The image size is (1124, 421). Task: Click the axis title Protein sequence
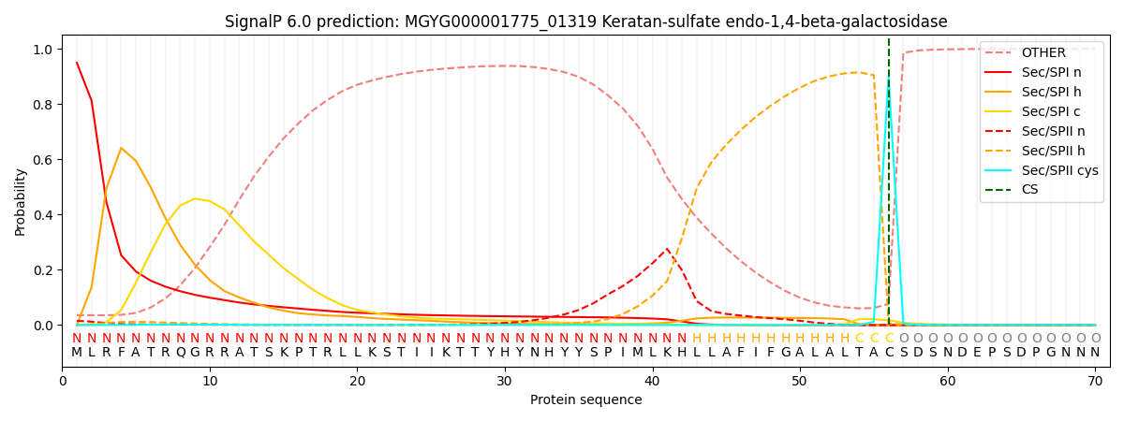point(585,400)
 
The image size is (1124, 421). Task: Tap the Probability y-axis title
point(21,201)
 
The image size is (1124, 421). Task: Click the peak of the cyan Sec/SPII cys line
point(889,82)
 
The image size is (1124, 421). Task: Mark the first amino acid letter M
point(77,353)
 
